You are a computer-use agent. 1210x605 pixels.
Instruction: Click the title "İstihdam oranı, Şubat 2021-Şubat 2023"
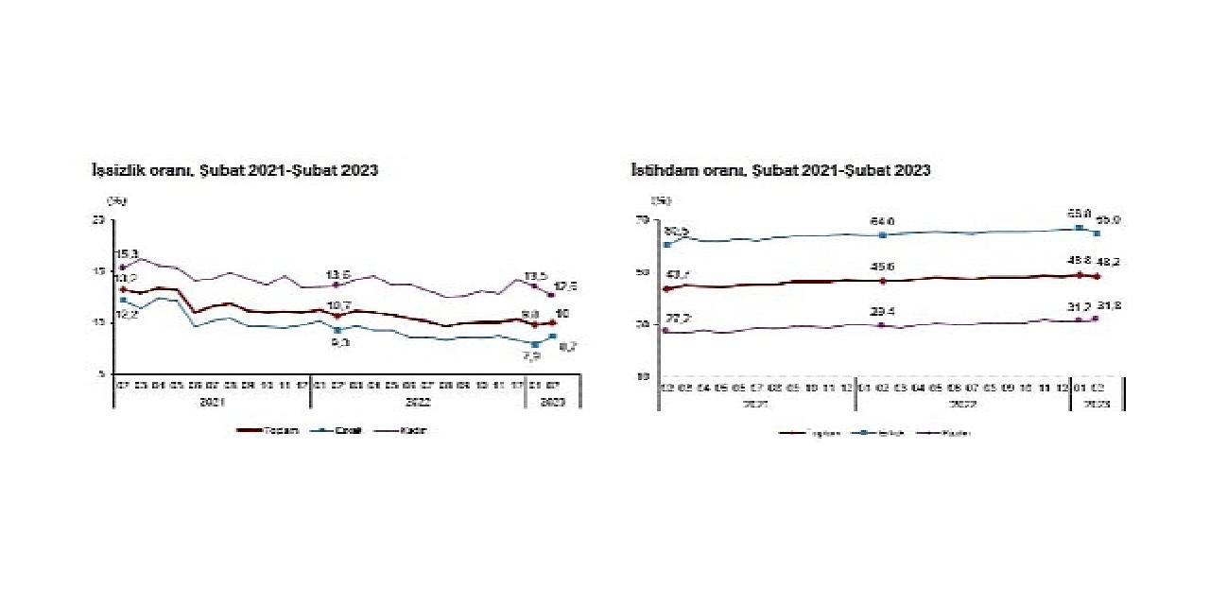(781, 170)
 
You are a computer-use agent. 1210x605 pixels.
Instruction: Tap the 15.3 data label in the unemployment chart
(128, 254)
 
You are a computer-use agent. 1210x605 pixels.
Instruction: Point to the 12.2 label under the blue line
(128, 314)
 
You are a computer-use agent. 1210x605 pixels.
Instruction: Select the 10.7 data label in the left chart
(338, 304)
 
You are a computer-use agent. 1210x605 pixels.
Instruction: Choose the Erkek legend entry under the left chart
(338, 430)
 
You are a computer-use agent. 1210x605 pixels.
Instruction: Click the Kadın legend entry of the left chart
(402, 430)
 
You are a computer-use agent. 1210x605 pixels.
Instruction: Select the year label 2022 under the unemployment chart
(416, 401)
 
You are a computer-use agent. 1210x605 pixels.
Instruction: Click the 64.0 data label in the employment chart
(882, 222)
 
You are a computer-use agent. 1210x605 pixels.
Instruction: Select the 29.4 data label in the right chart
(882, 312)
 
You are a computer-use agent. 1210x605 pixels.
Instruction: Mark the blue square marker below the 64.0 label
(882, 235)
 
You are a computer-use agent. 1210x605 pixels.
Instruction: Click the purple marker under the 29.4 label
(882, 325)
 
